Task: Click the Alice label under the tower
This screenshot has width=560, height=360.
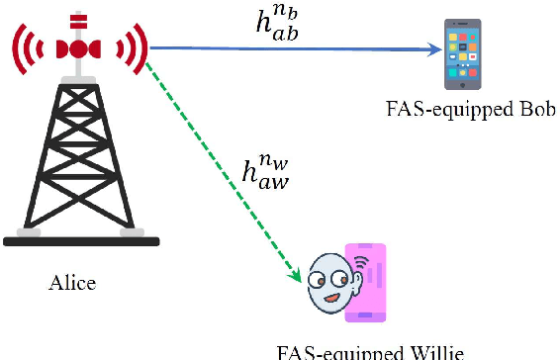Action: (x=72, y=284)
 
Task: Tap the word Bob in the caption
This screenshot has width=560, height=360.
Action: (x=523, y=108)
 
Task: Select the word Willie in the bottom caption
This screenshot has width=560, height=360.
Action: (x=433, y=352)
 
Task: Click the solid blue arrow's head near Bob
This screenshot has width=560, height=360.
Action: (x=434, y=47)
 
